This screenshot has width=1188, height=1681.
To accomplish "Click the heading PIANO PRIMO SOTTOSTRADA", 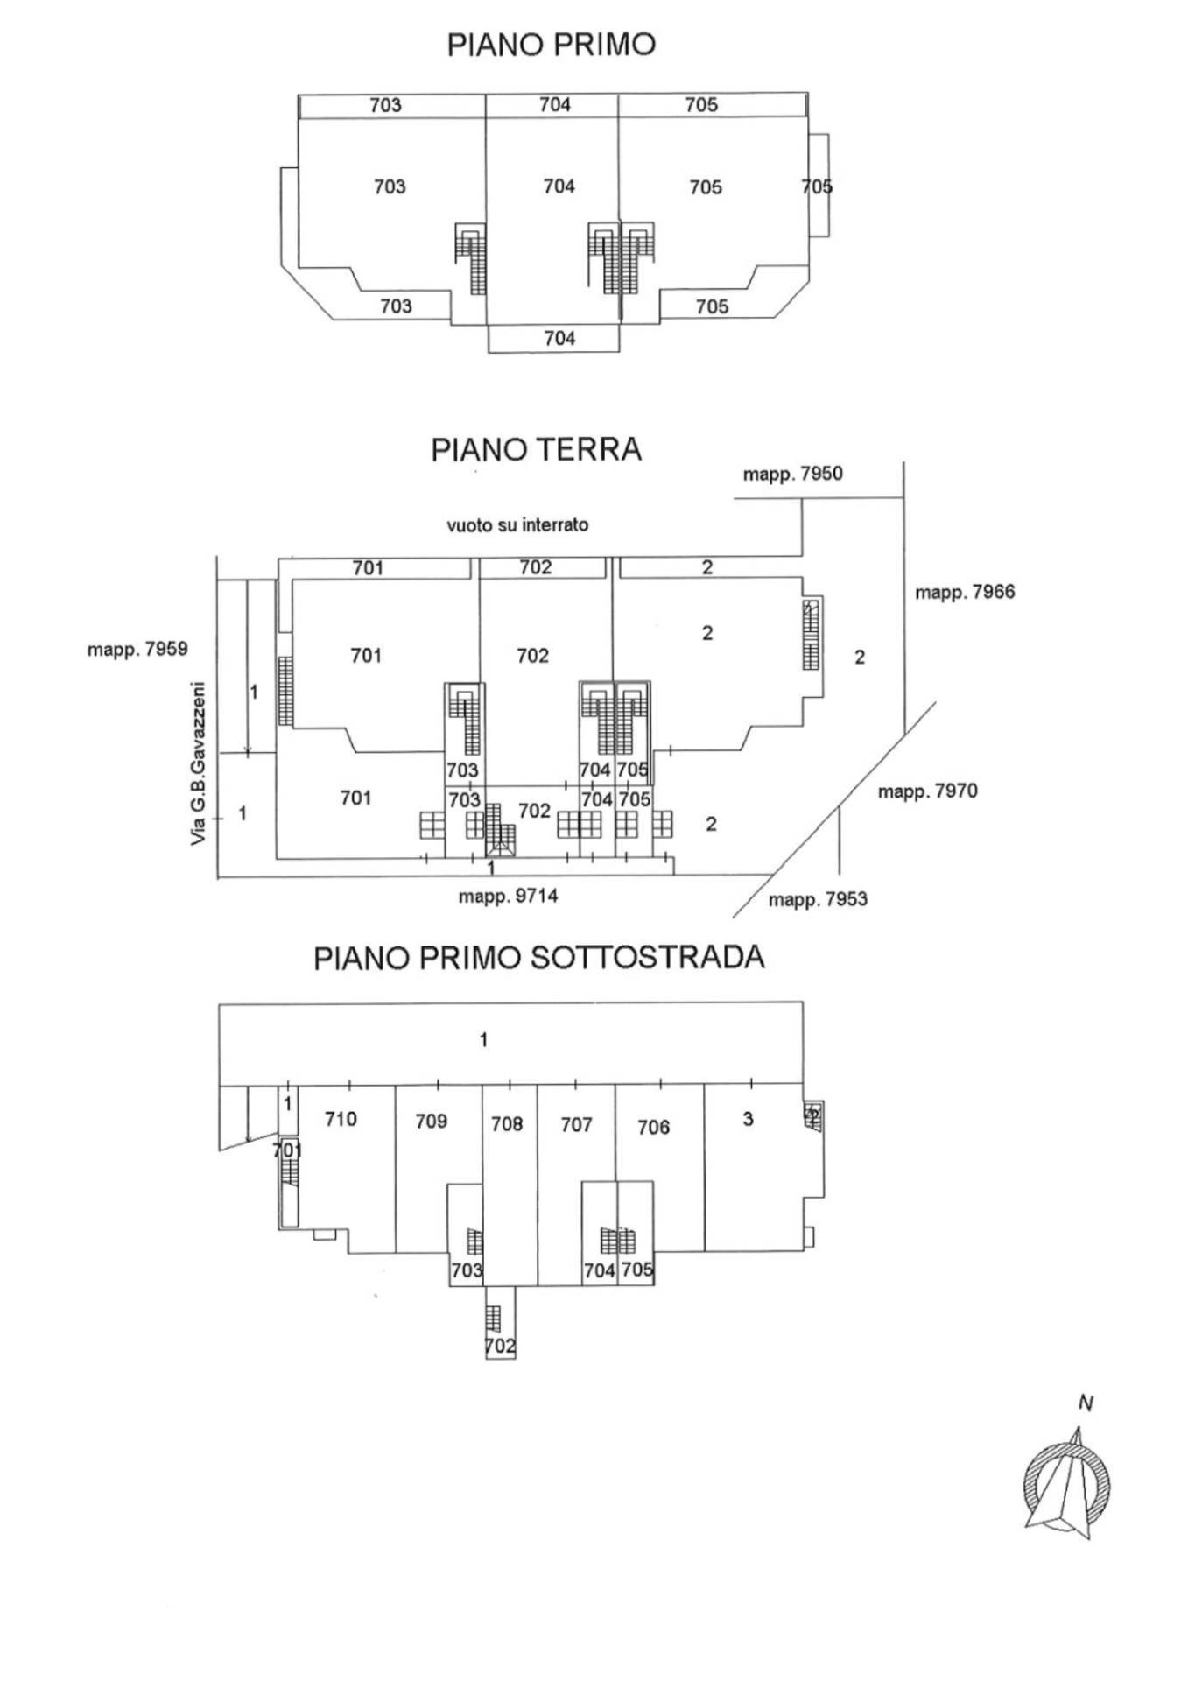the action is click(x=539, y=957).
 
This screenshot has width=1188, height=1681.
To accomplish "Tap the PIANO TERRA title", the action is click(x=536, y=449).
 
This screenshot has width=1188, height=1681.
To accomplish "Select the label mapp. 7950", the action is click(x=792, y=475).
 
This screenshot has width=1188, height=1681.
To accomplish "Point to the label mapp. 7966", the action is click(x=965, y=593).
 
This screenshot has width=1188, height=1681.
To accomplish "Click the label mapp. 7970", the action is click(x=928, y=791).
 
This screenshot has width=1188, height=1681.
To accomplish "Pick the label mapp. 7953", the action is click(x=818, y=899).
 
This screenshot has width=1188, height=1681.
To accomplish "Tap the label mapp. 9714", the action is click(x=508, y=897).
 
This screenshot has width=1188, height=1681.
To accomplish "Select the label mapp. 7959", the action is click(x=137, y=650).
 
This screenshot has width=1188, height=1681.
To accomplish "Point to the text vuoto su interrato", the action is click(x=517, y=525).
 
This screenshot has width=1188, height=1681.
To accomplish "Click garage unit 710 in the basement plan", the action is click(x=341, y=1118).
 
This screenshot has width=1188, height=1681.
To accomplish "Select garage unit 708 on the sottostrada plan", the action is click(x=507, y=1123).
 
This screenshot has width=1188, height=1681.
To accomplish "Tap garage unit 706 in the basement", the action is click(x=654, y=1127).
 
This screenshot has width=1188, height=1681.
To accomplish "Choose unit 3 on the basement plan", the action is click(x=748, y=1118).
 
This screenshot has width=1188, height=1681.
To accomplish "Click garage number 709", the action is click(x=432, y=1122).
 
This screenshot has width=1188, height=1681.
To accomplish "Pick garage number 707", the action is click(x=577, y=1124).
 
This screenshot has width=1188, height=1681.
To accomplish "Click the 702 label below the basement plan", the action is click(x=500, y=1347).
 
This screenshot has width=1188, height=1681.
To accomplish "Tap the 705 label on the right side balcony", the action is click(x=817, y=186).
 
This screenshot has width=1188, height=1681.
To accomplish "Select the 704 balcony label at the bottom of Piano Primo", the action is click(x=559, y=338).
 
